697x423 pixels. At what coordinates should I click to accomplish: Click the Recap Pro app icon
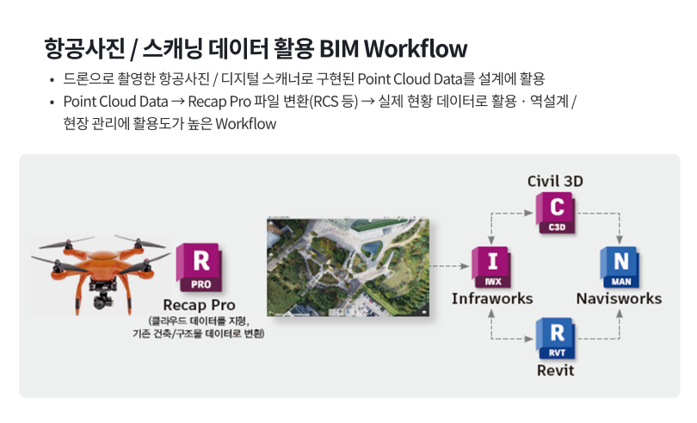pyautogui.click(x=200, y=267)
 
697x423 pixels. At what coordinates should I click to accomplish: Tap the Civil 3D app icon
pyautogui.click(x=556, y=213)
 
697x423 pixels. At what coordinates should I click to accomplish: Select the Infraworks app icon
pyautogui.click(x=491, y=267)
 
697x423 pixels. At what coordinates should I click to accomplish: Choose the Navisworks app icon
pyautogui.click(x=620, y=267)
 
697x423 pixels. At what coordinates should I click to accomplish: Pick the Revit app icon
pyautogui.click(x=556, y=339)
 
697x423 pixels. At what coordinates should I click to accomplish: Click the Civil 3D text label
pyautogui.click(x=555, y=181)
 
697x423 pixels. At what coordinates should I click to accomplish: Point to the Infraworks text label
pyautogui.click(x=492, y=298)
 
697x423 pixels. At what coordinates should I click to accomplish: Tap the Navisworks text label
pyautogui.click(x=620, y=298)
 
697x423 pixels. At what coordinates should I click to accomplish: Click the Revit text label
pyautogui.click(x=555, y=370)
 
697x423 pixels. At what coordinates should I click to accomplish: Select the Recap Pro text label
pyautogui.click(x=199, y=305)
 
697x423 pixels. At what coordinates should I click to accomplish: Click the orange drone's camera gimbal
pyautogui.click(x=103, y=297)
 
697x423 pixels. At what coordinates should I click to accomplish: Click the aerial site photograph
pyautogui.click(x=348, y=267)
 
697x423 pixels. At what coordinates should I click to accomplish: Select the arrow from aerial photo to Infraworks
pyautogui.click(x=449, y=266)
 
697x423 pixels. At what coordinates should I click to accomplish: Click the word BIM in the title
pyautogui.click(x=339, y=48)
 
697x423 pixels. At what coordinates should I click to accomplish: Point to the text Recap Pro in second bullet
pyautogui.click(x=219, y=102)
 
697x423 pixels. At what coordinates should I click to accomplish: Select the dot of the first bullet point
pyautogui.click(x=52, y=80)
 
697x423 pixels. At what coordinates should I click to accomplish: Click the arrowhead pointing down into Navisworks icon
pyautogui.click(x=620, y=239)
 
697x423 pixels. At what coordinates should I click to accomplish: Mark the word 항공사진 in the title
pyautogui.click(x=85, y=48)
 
